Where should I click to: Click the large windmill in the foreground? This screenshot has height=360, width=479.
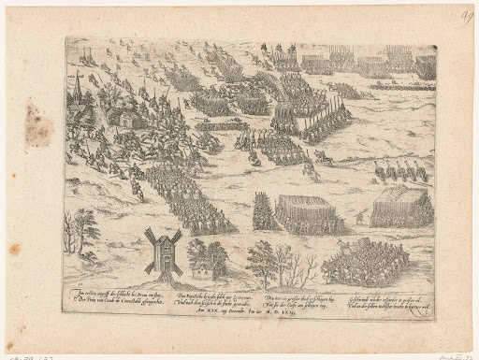(162, 250)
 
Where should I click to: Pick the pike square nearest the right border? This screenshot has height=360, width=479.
(401, 208)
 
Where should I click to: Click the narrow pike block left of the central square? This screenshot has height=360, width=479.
(264, 212)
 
